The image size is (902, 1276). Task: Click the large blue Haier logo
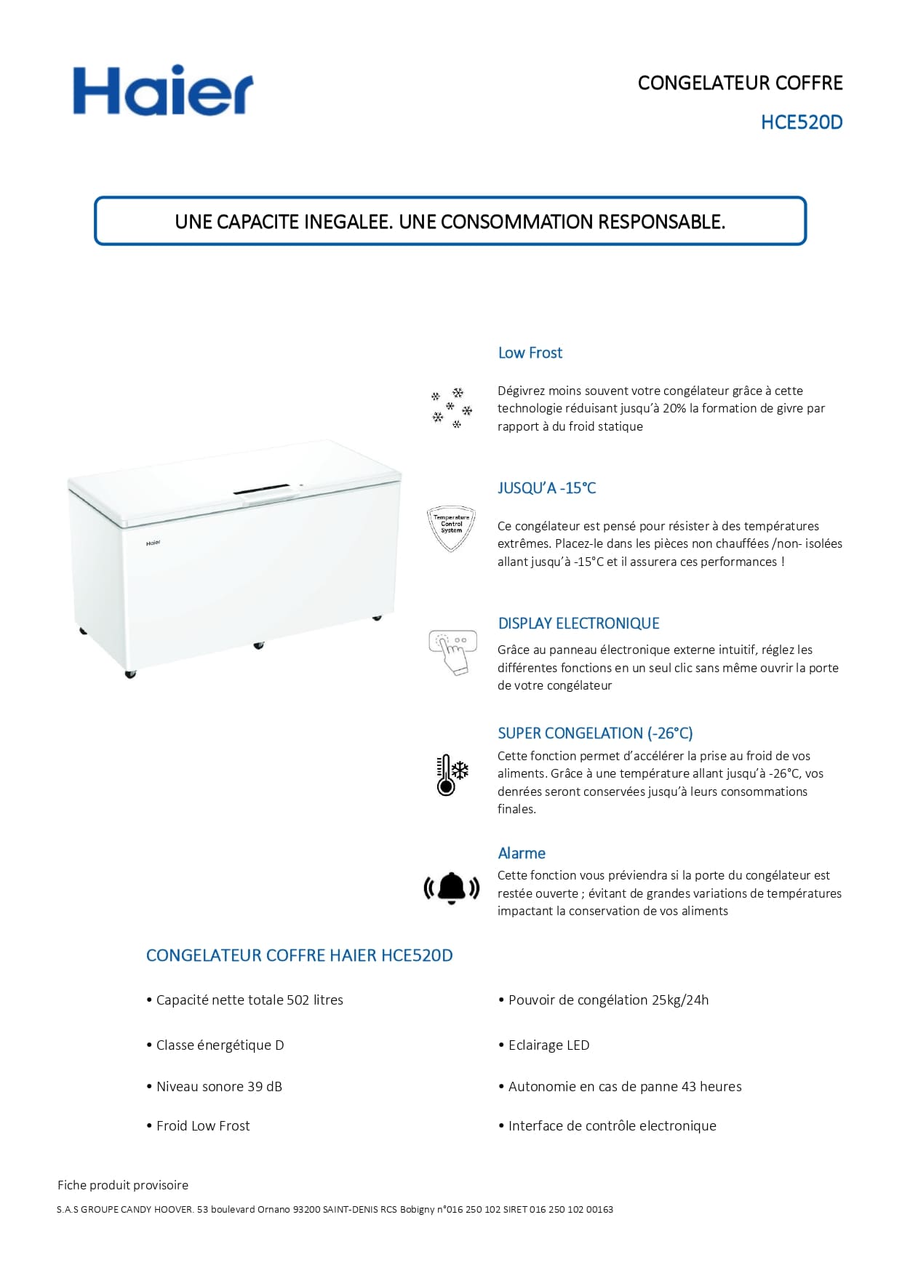pos(163,91)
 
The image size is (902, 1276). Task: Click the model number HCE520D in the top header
pos(801,122)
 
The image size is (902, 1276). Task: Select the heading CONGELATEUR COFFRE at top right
pos(740,83)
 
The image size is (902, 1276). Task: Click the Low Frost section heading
pos(530,353)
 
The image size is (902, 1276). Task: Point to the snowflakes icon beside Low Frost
pos(451,408)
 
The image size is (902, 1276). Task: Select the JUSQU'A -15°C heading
pos(546,488)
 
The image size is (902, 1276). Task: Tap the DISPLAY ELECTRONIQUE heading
pos(578,623)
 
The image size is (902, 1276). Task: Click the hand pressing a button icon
pos(452,652)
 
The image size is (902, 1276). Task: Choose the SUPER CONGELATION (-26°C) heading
pos(594,733)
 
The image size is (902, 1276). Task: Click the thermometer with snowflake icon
pos(452,775)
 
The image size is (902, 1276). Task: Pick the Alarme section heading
pos(521,853)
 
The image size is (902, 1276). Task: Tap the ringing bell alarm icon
pos(452,888)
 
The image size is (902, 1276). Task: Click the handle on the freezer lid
pos(268,494)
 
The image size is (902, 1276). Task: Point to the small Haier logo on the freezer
pos(153,543)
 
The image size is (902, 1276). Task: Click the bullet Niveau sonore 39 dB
pos(219,1086)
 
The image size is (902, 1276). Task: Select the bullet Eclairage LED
pos(548,1045)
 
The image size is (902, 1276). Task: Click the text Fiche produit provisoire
pos(123,1185)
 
